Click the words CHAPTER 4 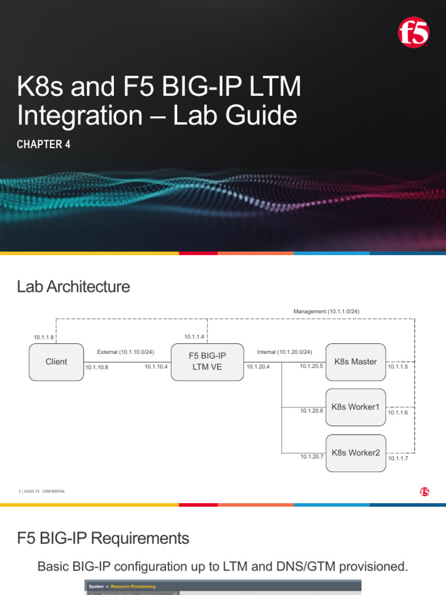pos(44,145)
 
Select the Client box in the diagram pos(56,361)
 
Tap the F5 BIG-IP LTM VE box pos(207,361)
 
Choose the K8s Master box pos(355,361)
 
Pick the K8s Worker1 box pos(355,407)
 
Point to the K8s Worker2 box pos(355,453)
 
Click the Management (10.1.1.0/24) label pos(326,311)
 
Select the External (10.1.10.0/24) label pos(125,352)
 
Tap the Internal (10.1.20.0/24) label pos(285,352)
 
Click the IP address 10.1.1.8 pos(44,337)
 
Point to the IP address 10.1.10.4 pos(156,367)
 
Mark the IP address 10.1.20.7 pos(312,457)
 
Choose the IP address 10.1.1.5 pos(398,367)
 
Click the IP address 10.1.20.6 pos(312,411)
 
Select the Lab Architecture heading pos(74,286)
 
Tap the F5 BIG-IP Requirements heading pos(103,539)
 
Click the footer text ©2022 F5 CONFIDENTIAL pos(44,492)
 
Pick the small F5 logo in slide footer pos(425,492)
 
